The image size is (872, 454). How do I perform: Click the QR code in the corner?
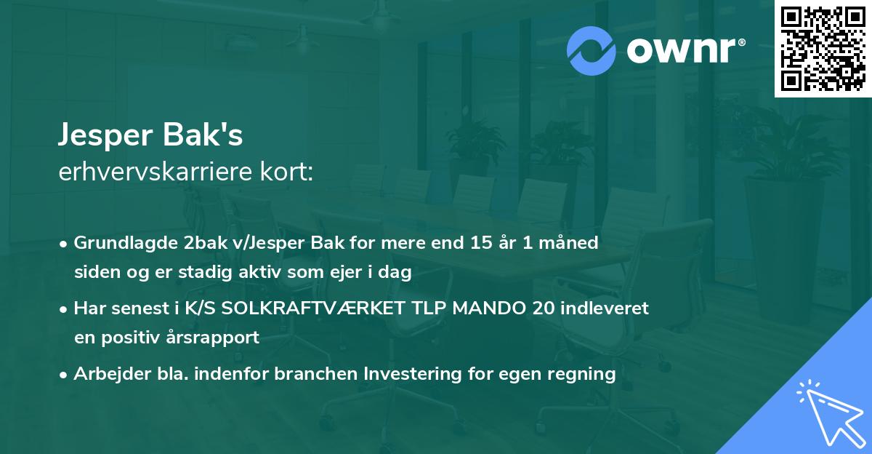point(823,48)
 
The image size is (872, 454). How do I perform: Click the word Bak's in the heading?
point(211,136)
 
